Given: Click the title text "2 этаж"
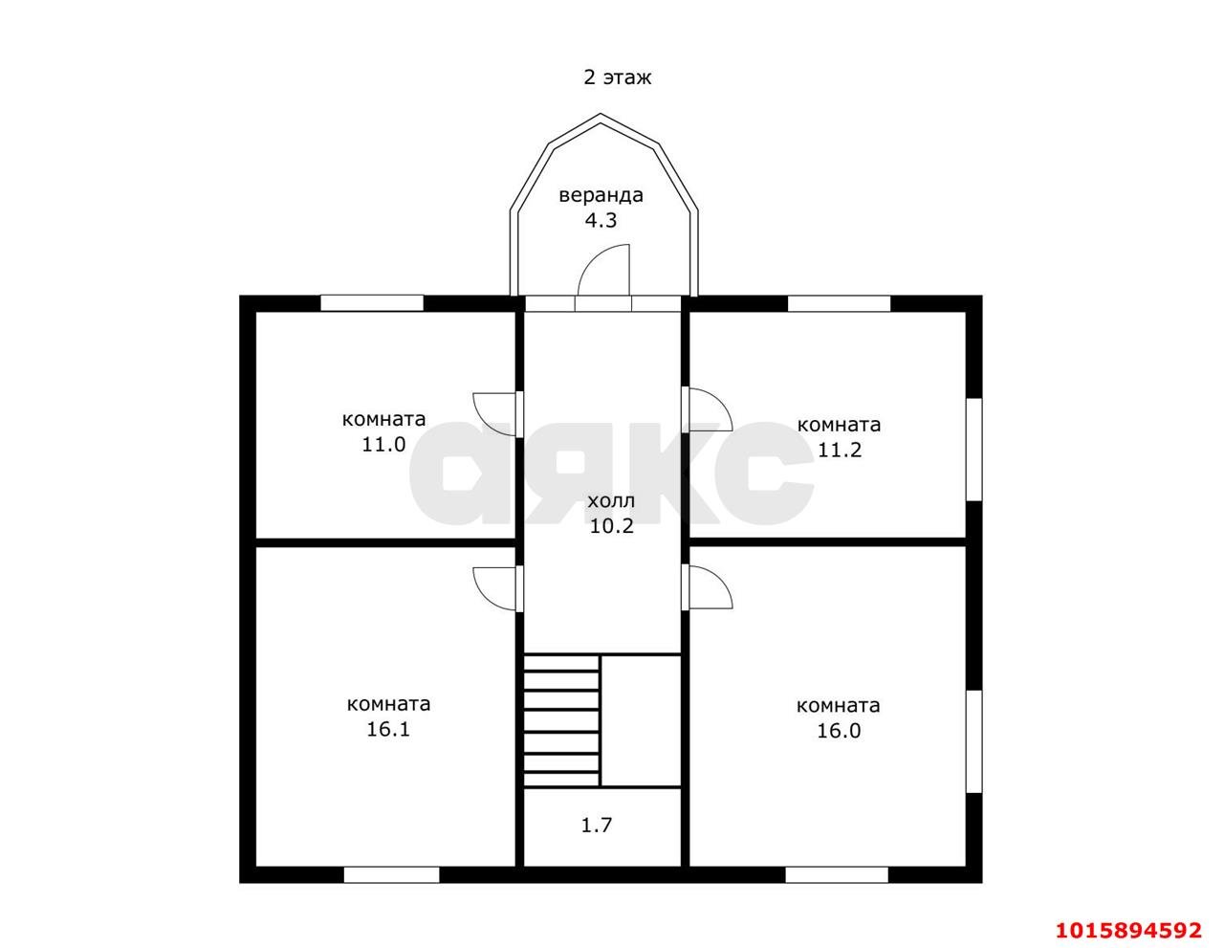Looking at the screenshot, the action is [x=618, y=77].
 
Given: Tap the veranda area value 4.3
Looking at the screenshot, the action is [x=601, y=220].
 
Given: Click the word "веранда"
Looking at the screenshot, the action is [x=601, y=195].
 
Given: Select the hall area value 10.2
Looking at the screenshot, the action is [x=611, y=526].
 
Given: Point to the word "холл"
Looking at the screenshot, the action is [x=611, y=500].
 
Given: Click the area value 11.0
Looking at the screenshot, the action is [x=383, y=445].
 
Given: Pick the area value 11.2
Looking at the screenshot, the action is [x=840, y=450].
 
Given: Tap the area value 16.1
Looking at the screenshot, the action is [x=388, y=730].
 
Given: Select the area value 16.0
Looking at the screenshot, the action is [x=839, y=731].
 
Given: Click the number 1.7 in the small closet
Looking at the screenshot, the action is [x=596, y=826].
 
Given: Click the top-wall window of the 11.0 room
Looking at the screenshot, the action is [x=372, y=303].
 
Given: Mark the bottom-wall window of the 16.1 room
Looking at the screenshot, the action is [x=391, y=874].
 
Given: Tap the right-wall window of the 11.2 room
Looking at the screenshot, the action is [x=974, y=450].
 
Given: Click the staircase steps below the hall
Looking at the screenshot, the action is [x=561, y=720].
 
